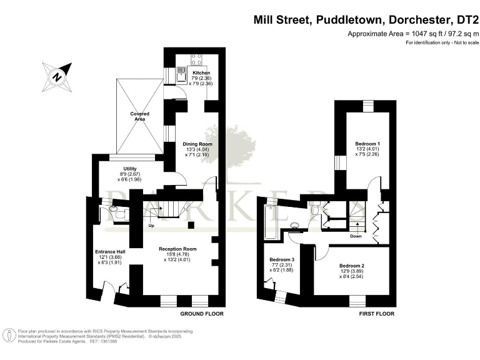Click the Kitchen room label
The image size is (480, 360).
tap(192, 72)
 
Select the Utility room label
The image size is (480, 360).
tap(129, 169)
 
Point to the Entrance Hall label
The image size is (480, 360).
tap(110, 252)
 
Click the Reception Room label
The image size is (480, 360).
tap(177, 249)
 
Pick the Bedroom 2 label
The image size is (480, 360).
tap(352, 266)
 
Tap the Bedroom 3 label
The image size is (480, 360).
tap(281, 259)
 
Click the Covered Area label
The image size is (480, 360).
tap(140, 114)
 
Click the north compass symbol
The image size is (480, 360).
tap(57, 77)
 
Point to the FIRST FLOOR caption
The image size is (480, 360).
tap(377, 313)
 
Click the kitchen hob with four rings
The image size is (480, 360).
tap(197, 59)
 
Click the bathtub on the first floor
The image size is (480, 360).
tap(271, 221)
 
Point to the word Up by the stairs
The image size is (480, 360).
tap(151, 226)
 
